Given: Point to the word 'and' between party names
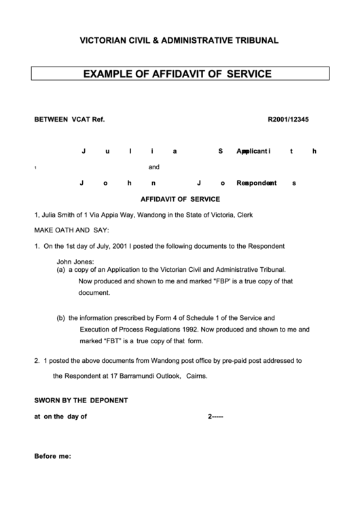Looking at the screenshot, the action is point(154,166).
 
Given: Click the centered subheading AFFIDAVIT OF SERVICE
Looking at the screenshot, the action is point(180,199).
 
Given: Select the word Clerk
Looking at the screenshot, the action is point(245,215).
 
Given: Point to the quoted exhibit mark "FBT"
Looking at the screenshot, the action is point(116,340).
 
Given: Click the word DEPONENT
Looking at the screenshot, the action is point(106,400).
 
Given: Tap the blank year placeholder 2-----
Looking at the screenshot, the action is point(215,417).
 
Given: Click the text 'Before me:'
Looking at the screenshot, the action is point(52,456).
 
